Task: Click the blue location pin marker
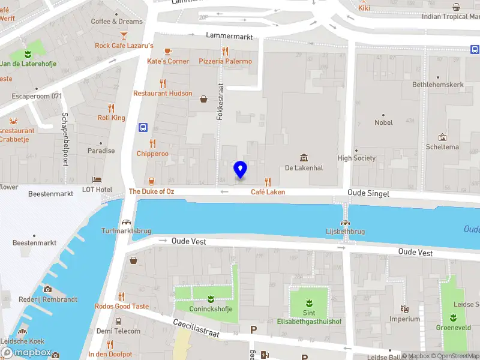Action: point(240,170)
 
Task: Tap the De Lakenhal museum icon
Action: point(304,157)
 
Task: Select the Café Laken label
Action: point(268,192)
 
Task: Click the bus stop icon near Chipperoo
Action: point(143,127)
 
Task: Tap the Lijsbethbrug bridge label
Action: point(345,232)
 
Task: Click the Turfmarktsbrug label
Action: point(126,231)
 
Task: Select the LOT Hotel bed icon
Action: point(97,180)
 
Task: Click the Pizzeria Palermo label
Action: point(225,61)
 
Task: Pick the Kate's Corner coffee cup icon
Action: point(168,51)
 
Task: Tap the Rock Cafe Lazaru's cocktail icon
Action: point(124,36)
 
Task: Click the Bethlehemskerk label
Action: point(437,85)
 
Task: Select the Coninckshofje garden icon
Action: point(211,299)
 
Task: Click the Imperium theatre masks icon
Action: point(405,308)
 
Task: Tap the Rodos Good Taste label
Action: point(122,306)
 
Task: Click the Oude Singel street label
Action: point(368,194)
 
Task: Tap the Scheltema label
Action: point(442,147)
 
